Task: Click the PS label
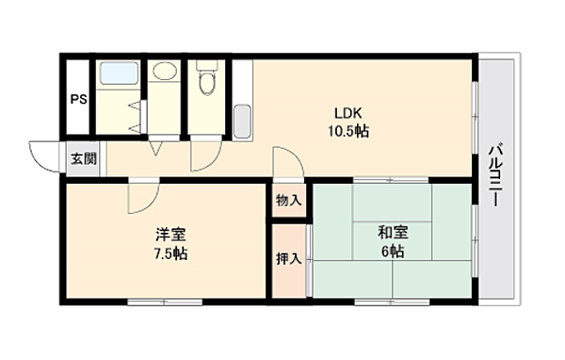pos(78,99)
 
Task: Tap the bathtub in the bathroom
pos(119,74)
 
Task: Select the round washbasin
pos(165,71)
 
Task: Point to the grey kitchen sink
pos(242,122)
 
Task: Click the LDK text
pos(348,114)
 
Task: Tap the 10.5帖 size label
pos(348,131)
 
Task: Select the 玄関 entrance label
pos(84,158)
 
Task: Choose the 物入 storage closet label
pos(289,200)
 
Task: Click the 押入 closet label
pos(289,258)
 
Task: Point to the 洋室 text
pos(170,235)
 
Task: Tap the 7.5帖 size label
pos(170,254)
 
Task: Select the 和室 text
pos(393,233)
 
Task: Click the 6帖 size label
pos(393,252)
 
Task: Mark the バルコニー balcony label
pos(495,175)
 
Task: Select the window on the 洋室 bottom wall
pos(165,303)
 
